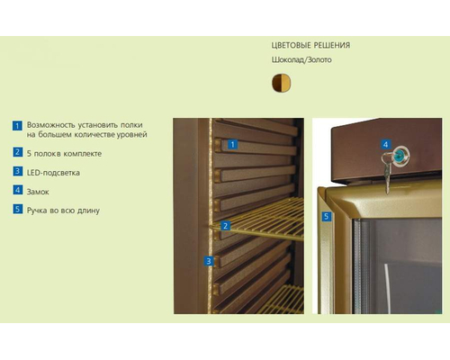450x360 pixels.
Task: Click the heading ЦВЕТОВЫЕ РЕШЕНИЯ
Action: [x=310, y=45]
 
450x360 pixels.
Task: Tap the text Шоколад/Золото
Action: [x=301, y=59]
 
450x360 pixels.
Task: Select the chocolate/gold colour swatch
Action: [x=281, y=83]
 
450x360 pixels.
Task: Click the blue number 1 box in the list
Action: [x=17, y=125]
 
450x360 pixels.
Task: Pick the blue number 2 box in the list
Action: [x=18, y=152]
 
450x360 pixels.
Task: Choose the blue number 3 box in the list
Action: [x=18, y=171]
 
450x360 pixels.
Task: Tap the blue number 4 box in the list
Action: [x=18, y=190]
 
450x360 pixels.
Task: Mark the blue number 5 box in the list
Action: [x=18, y=209]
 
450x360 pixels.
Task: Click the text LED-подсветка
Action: [x=53, y=173]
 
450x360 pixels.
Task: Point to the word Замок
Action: [x=38, y=192]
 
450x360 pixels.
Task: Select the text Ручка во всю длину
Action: [x=63, y=211]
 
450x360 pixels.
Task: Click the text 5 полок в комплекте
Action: [x=64, y=154]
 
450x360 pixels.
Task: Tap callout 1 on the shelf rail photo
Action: [x=232, y=145]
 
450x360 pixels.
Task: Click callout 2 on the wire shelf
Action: [x=225, y=226]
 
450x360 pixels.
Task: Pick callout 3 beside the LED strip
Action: [x=209, y=261]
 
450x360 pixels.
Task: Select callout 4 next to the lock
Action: [x=386, y=144]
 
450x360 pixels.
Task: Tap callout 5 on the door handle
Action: [x=327, y=216]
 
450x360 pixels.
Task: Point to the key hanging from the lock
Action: [x=386, y=174]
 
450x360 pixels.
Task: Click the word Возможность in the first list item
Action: [x=50, y=125]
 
